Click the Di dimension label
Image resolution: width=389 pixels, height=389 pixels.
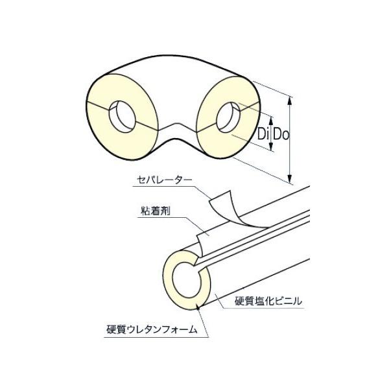coord(263,135)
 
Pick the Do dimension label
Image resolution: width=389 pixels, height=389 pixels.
coord(279,135)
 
